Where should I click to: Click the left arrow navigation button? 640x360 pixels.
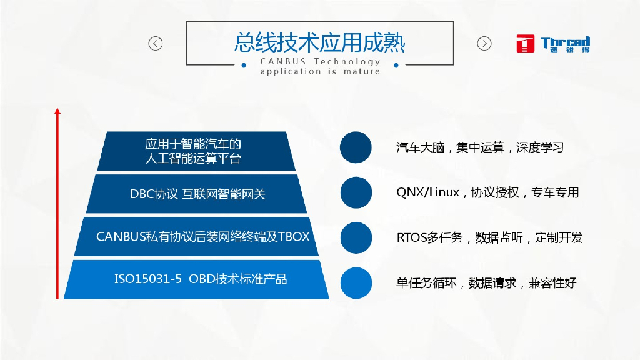pyautogui.click(x=155, y=43)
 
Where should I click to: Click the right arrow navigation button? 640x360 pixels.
pyautogui.click(x=484, y=43)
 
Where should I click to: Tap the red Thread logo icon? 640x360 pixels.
pyautogui.click(x=526, y=43)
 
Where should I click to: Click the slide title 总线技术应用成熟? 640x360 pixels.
pyautogui.click(x=319, y=42)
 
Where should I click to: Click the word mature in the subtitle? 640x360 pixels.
pyautogui.click(x=362, y=71)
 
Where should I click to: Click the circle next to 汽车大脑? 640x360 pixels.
pyautogui.click(x=356, y=148)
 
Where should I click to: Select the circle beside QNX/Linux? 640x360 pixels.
pyautogui.click(x=356, y=192)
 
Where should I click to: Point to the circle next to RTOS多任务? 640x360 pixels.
pyautogui.click(x=356, y=237)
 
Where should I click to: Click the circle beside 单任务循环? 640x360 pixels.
pyautogui.click(x=356, y=282)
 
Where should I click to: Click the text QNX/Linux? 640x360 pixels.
pyautogui.click(x=427, y=192)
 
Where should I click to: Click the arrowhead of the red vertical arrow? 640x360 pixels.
pyautogui.click(x=57, y=111)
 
